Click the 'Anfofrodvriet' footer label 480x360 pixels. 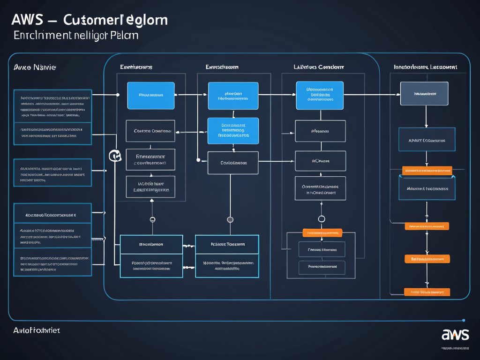point(37,330)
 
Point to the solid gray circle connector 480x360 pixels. point(230,219)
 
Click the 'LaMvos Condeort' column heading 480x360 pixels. point(319,67)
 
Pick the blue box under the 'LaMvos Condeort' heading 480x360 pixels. point(320,95)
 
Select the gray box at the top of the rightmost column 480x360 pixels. point(424,94)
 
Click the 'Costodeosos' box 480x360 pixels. point(233,163)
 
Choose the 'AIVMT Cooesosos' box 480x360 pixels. point(427,140)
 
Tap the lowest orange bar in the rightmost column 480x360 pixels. point(427,292)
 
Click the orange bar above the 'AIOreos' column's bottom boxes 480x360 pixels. point(322,232)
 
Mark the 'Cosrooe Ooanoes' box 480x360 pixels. point(150,131)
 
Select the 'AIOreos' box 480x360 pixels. point(320,161)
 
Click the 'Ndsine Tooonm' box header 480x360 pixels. point(227,244)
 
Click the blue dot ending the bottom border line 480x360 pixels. point(463,321)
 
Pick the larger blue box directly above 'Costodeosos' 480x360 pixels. point(233,130)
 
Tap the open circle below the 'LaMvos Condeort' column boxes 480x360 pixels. point(322,219)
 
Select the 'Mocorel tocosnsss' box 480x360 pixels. point(427,188)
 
